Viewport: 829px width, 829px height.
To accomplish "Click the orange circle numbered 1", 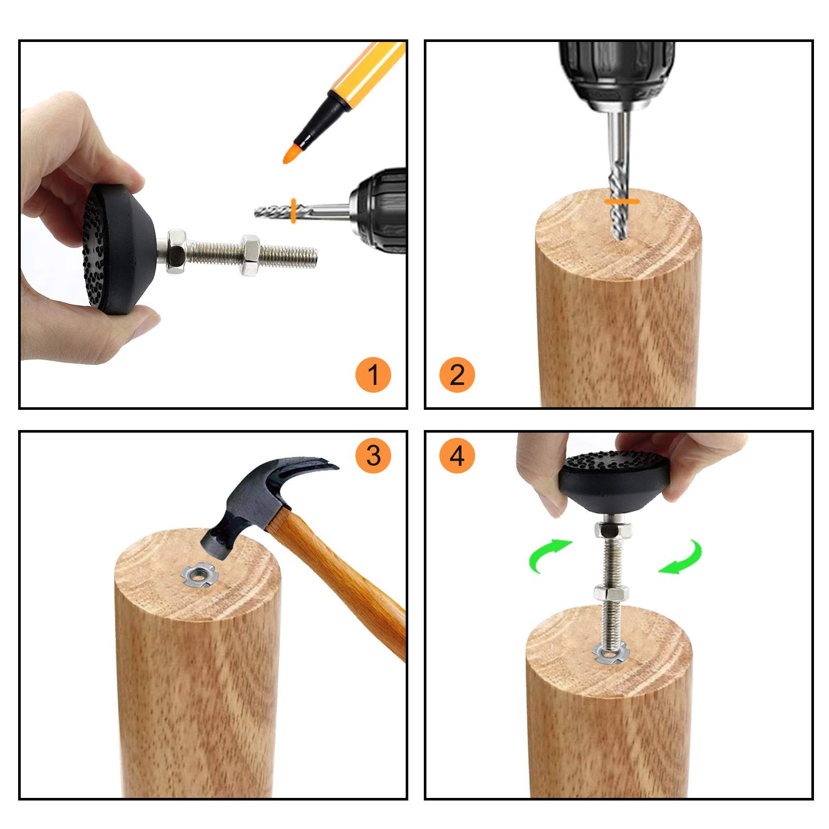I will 373,375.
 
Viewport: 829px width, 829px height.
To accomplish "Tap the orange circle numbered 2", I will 457,375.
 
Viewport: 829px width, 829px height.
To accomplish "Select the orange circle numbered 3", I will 373,456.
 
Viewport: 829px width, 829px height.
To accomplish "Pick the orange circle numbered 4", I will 457,456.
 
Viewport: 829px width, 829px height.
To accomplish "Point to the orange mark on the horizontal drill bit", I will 293,210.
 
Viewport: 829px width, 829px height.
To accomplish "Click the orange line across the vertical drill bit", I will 622,199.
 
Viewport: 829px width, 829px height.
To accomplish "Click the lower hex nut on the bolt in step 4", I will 611,592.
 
